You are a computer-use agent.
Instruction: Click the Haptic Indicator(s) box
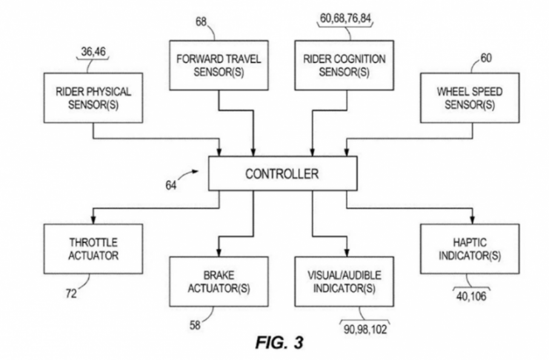coord(458,250)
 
